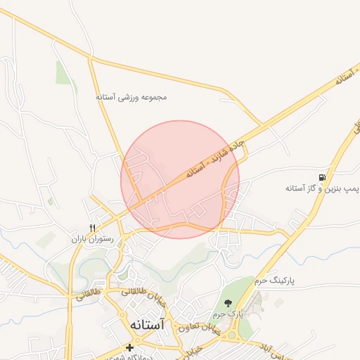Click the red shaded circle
point(180,179)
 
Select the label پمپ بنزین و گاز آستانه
point(323,189)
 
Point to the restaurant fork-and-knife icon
point(91,227)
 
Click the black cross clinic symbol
point(129,347)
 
